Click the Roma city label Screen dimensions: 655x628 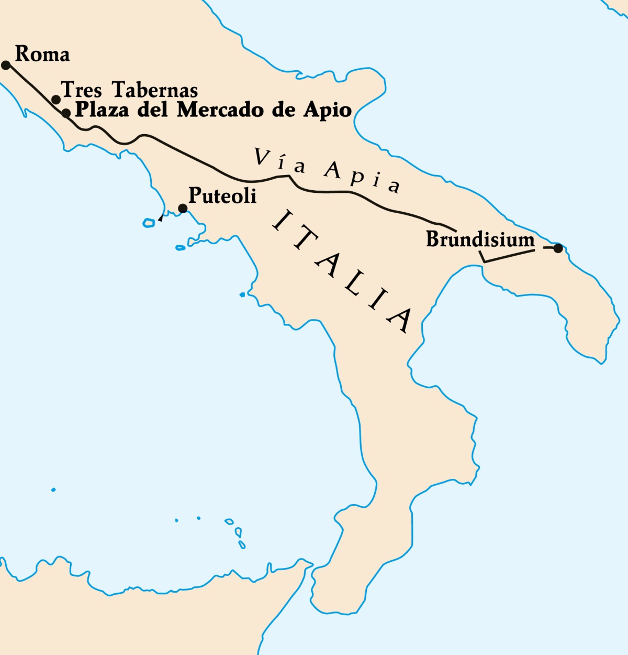point(42,54)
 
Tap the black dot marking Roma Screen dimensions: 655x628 point(6,65)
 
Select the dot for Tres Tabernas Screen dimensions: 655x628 point(56,100)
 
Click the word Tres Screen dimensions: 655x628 point(82,90)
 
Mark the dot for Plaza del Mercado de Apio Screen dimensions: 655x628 point(66,113)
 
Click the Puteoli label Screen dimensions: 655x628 point(222,195)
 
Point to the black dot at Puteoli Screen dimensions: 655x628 point(183,209)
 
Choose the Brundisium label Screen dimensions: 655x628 point(480,239)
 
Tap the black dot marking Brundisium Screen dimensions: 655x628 point(558,248)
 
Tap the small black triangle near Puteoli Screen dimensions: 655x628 point(161,218)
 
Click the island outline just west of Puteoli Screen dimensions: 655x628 point(149,223)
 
